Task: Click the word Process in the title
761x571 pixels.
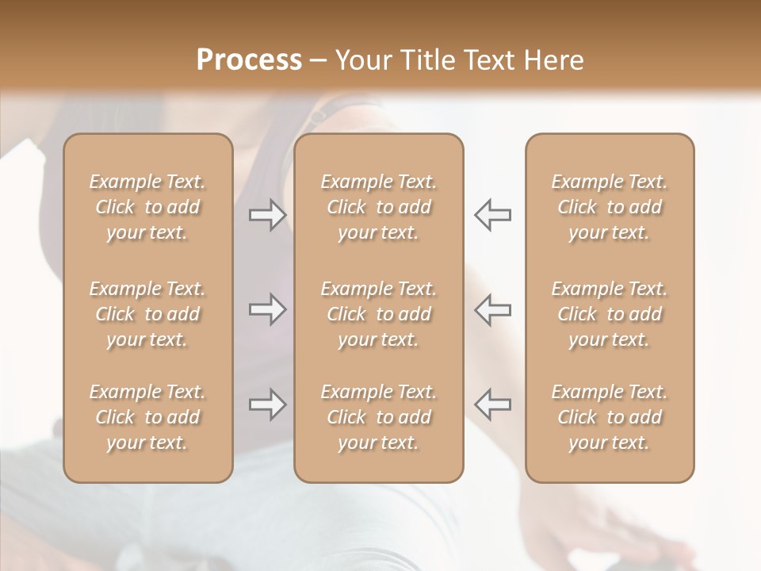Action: coord(249,60)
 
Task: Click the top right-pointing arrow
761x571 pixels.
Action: coord(267,215)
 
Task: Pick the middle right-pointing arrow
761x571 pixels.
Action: coord(267,310)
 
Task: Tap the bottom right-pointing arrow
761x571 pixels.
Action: coord(267,404)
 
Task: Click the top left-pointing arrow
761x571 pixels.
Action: coord(493,215)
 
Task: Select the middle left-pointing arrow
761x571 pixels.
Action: coord(493,310)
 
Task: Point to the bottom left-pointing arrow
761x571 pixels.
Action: coord(493,404)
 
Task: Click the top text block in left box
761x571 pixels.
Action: coord(147,207)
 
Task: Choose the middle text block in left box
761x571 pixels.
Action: coord(147,314)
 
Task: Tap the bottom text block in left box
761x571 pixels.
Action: coord(147,417)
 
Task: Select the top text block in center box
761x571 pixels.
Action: coord(379,207)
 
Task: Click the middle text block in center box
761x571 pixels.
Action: coord(379,314)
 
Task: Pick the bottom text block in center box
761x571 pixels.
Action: coord(379,417)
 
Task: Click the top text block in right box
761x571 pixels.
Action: coord(610,207)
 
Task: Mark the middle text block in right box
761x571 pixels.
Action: coord(610,314)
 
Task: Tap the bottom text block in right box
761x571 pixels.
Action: coord(610,417)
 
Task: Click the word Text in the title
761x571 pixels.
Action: coord(488,60)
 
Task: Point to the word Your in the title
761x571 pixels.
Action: coord(362,60)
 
